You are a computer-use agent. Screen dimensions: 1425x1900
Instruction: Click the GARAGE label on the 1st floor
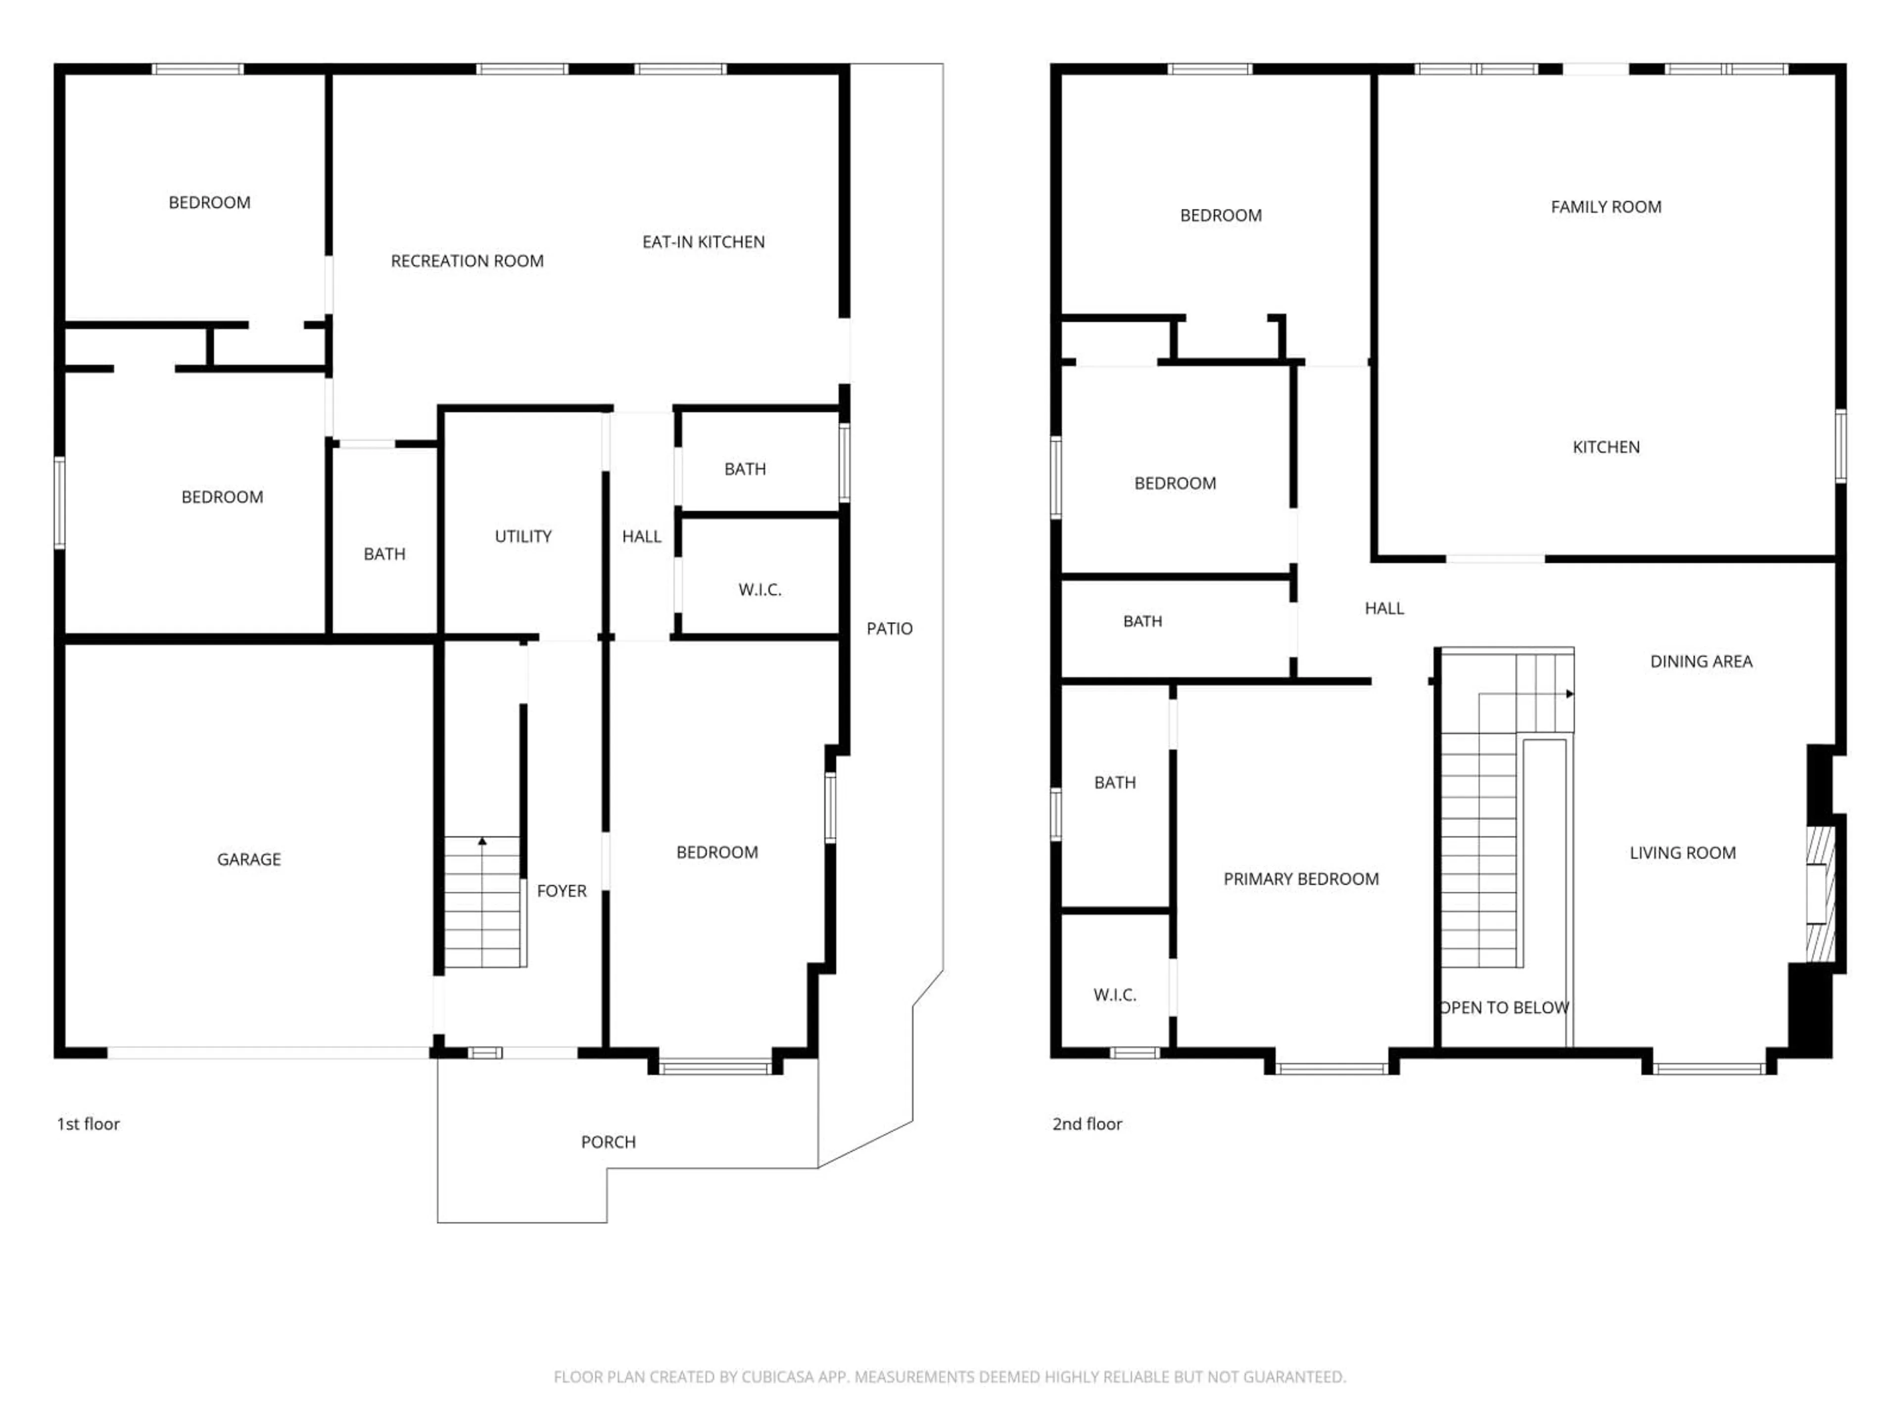(x=248, y=859)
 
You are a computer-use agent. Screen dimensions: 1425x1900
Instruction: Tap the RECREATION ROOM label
(x=467, y=261)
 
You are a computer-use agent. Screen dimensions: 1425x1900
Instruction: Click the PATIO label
(x=889, y=629)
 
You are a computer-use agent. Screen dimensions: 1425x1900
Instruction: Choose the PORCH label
(x=608, y=1141)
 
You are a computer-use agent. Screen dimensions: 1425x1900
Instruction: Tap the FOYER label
(x=561, y=891)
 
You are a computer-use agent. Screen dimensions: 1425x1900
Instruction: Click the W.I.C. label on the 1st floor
(x=760, y=589)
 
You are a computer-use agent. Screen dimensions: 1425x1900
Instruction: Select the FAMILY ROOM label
(x=1606, y=207)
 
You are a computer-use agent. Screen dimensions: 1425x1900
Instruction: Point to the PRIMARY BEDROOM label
(x=1300, y=879)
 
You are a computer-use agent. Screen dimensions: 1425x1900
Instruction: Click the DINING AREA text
(x=1701, y=662)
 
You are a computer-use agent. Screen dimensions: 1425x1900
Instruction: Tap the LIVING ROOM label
(x=1682, y=853)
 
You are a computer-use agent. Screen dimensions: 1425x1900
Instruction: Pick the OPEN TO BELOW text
(x=1504, y=1007)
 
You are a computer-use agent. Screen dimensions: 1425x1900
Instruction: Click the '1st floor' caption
(x=88, y=1124)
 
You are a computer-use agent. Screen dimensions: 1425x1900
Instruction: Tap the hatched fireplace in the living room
(x=1819, y=893)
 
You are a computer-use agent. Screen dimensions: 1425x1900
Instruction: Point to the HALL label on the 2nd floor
(x=1384, y=608)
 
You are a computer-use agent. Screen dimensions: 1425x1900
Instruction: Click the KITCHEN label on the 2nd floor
(x=1606, y=447)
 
